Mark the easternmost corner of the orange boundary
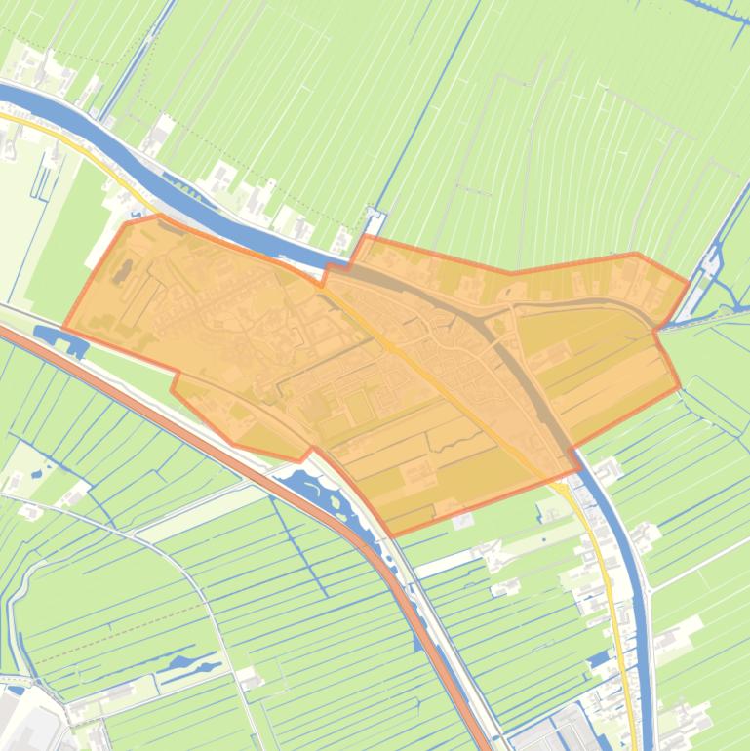689,282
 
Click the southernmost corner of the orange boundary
392,534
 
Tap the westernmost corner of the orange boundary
64,328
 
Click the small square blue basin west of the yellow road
598,661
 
